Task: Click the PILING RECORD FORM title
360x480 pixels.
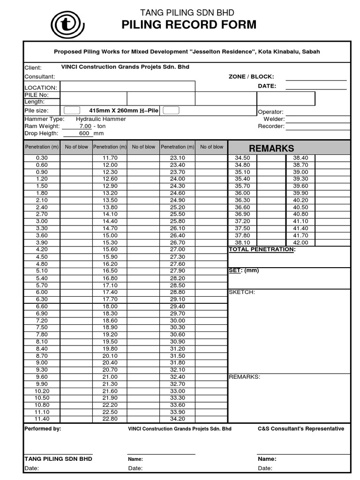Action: (x=189, y=25)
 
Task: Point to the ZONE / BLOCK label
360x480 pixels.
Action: (x=251, y=76)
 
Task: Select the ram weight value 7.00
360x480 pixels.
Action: (x=85, y=126)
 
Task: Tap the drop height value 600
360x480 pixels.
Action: (x=85, y=133)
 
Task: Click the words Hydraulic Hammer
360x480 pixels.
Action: (x=101, y=119)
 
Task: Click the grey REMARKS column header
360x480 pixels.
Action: (x=271, y=148)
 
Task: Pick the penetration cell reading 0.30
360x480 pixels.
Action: (x=42, y=158)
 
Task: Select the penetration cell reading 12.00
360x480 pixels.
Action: (x=110, y=165)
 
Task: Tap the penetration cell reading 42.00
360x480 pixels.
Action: (x=300, y=242)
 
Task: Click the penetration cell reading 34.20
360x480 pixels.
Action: (x=178, y=419)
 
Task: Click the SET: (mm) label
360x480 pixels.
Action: (x=243, y=270)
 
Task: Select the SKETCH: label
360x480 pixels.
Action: (x=241, y=292)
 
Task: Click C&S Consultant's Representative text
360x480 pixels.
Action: (x=301, y=428)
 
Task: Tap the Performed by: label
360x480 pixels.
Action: (x=43, y=428)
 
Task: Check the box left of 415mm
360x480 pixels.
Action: (x=72, y=111)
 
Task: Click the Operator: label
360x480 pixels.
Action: (x=270, y=112)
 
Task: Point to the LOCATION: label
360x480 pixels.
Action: (x=41, y=88)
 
